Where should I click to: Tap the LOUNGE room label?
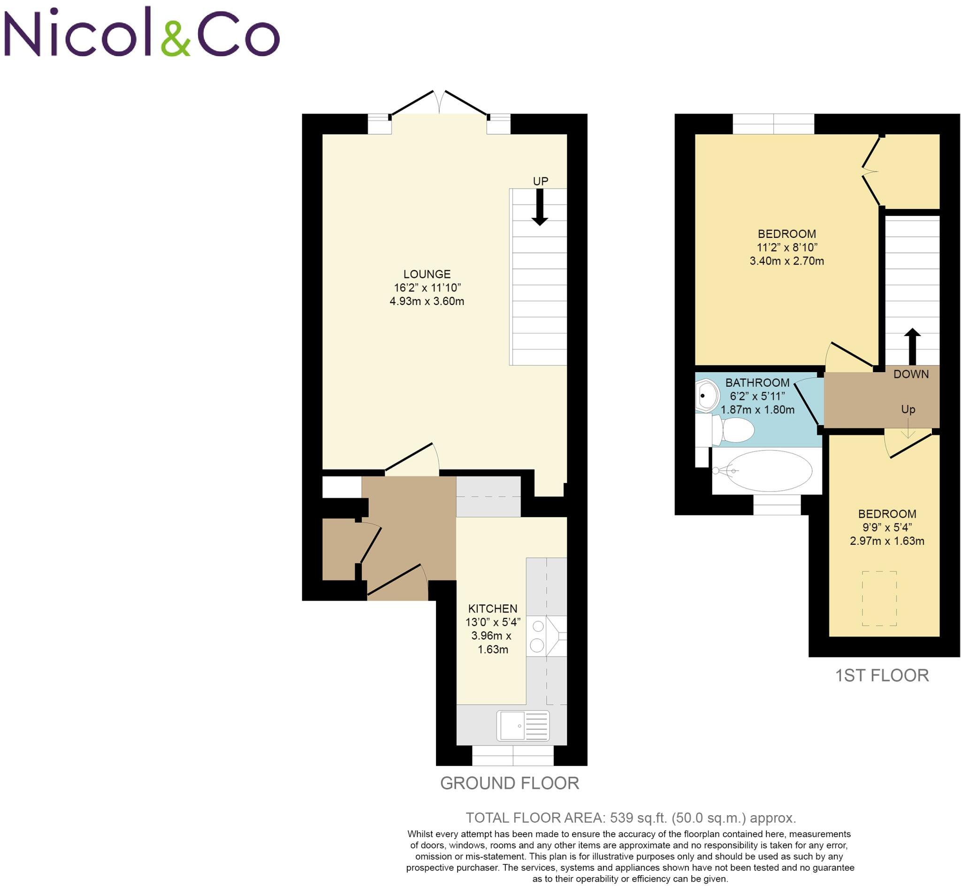click(427, 274)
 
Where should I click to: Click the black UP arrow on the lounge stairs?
click(539, 206)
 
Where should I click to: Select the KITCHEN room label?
click(492, 608)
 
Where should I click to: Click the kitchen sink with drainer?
click(522, 726)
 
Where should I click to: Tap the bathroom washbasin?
click(707, 396)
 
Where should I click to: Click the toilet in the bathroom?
click(733, 429)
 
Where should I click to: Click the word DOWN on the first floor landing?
click(911, 374)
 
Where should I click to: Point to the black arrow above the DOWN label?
click(912, 346)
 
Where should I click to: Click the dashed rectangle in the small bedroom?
click(879, 598)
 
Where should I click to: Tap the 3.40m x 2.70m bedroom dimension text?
click(786, 261)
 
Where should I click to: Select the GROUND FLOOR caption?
click(510, 783)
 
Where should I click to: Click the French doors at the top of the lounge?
click(439, 103)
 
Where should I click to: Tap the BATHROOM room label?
click(757, 382)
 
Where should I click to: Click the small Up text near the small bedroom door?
click(908, 409)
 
